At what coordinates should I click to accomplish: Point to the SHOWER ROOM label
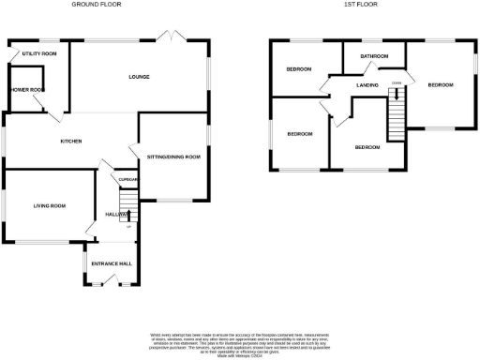coord(25,90)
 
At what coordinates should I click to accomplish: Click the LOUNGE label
coord(140,77)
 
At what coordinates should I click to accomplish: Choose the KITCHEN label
coord(71,142)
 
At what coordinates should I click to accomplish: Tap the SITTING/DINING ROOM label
coord(174,157)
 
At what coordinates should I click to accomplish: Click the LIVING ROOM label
coord(50,205)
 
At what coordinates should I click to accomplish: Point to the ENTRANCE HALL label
coord(111,263)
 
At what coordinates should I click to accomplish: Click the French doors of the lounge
coord(171,37)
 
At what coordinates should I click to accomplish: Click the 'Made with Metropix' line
coord(240,354)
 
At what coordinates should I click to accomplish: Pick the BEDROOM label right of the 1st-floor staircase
coord(440,85)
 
